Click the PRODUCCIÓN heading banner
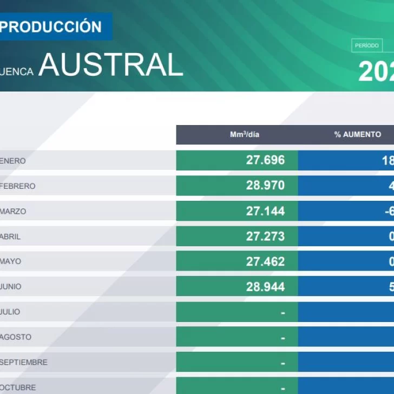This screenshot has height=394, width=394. click(54, 27)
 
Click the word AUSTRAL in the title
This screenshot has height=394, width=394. click(111, 65)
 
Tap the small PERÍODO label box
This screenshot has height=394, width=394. click(366, 46)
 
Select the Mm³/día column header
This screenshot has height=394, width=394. click(245, 135)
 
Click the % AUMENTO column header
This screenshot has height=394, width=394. click(357, 135)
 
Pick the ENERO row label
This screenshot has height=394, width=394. click(14, 161)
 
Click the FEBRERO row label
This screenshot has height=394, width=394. click(18, 186)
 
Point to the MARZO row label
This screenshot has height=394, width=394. click(14, 211)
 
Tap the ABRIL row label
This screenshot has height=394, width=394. click(11, 237)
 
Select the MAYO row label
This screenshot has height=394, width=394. click(11, 261)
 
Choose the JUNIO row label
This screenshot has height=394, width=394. click(11, 287)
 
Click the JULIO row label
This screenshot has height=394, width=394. click(10, 312)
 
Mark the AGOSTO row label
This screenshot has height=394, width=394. click(16, 337)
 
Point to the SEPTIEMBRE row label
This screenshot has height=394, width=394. click(24, 362)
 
